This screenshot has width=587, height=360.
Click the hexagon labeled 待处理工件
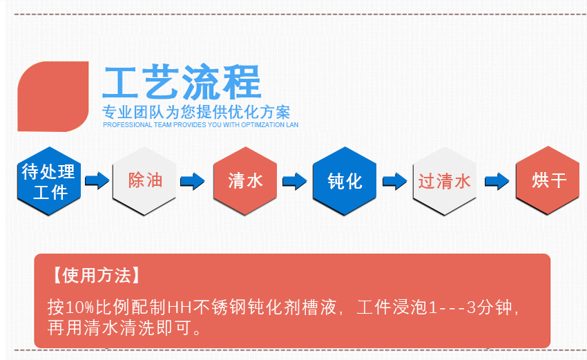click(x=49, y=181)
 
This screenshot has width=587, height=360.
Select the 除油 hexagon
click(x=144, y=181)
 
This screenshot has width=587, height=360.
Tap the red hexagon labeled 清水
click(x=245, y=181)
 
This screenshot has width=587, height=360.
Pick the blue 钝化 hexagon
click(x=345, y=181)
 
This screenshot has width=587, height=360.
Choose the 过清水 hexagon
click(x=444, y=181)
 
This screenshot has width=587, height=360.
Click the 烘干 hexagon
click(x=548, y=181)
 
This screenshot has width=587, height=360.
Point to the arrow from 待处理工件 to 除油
click(x=97, y=181)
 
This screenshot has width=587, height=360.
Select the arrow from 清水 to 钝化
click(x=295, y=181)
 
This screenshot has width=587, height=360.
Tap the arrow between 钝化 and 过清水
click(x=394, y=181)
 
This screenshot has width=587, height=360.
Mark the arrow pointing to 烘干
click(x=497, y=181)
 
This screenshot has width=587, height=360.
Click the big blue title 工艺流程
click(x=181, y=83)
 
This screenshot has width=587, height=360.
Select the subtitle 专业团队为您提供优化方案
click(x=196, y=112)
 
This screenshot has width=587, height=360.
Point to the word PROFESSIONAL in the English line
click(x=124, y=125)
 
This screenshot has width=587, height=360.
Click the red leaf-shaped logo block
click(x=53, y=96)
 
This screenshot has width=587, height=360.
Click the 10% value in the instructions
click(x=81, y=306)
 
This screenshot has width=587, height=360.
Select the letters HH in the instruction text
click(x=179, y=306)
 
